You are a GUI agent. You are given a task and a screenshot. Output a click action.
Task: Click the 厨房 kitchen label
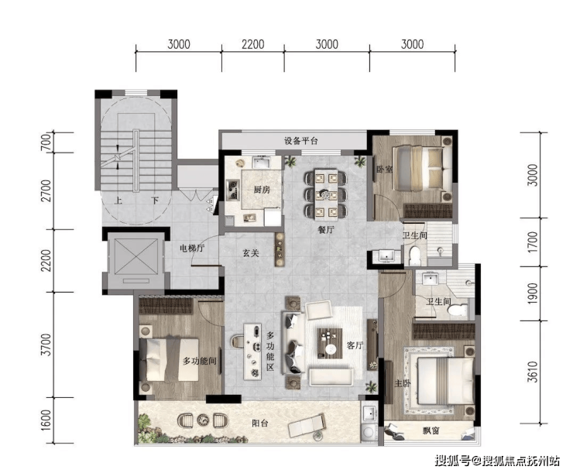pos(262,190)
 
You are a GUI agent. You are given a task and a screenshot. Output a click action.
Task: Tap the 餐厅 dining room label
pos(325,230)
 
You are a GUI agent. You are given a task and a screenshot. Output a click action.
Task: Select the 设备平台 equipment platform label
pos(301,141)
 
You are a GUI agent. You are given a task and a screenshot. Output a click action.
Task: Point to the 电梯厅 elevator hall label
pos(192,248)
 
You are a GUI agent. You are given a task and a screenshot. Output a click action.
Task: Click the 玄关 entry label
pos(251,252)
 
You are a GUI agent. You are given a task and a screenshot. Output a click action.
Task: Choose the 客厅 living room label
pos(355,345)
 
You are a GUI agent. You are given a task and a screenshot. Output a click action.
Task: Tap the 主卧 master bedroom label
pos(403,383)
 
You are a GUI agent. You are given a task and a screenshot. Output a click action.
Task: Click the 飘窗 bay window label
pos(431,431)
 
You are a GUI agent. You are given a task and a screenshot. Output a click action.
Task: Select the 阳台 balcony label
pos(260,423)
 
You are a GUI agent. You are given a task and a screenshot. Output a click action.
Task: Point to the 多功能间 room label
pos(199,362)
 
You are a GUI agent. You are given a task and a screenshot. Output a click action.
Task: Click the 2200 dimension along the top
pos(253,45)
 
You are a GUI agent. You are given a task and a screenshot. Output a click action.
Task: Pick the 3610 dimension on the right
pos(534,372)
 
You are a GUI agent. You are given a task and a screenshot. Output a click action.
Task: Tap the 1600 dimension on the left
pos(46,420)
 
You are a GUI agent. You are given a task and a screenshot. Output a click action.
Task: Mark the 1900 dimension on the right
pos(534,293)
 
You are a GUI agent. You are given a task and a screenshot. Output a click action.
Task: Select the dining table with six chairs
pos(326,194)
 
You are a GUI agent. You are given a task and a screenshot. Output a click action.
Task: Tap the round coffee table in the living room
pos(331,349)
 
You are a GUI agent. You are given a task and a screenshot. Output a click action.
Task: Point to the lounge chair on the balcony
pos(307,426)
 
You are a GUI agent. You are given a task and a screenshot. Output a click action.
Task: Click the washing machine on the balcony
pos(369,432)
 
